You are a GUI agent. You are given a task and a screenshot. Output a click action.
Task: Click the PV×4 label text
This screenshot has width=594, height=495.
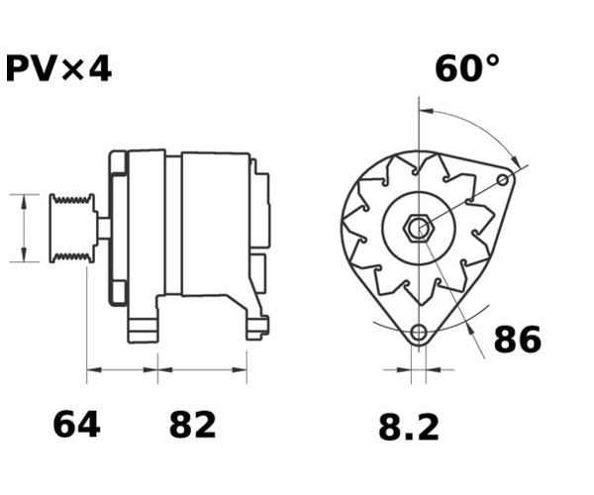point(58,68)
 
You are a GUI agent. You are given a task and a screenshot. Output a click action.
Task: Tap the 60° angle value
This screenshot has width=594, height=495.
point(467,68)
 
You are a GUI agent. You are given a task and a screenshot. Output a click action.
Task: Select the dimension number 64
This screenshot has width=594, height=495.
point(77,425)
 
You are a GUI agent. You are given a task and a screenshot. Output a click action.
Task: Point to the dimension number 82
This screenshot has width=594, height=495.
point(192,425)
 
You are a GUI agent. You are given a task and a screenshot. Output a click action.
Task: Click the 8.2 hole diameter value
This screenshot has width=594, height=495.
point(409,427)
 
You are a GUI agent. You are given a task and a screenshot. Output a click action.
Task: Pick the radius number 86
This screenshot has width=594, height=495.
point(518,339)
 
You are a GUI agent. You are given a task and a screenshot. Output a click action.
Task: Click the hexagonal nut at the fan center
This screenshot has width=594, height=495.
point(419,228)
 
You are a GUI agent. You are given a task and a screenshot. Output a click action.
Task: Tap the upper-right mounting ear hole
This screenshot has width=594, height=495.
point(503,179)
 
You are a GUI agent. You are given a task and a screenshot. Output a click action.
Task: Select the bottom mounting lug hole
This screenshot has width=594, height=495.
point(419,333)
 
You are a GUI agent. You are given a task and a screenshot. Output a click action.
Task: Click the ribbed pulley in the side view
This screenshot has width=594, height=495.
point(72,228)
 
